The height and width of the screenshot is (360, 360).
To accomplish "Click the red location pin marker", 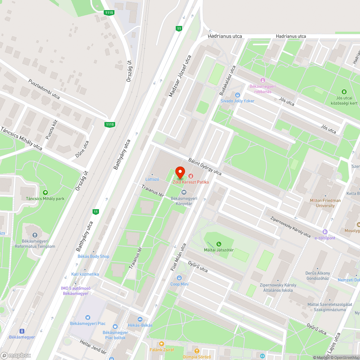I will click(180, 172).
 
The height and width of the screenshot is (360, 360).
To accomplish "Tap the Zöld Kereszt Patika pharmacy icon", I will click(190, 176).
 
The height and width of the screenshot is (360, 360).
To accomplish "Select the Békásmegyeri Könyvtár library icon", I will click(184, 192).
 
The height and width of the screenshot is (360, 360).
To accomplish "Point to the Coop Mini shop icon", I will click(179, 278).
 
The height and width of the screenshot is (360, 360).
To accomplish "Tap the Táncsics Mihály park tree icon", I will click(45, 192).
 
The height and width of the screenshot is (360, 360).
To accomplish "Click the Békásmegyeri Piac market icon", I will click(88, 317).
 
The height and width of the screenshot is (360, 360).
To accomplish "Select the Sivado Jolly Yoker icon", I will click(237, 95).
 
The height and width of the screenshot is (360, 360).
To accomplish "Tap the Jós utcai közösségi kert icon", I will click(344, 92).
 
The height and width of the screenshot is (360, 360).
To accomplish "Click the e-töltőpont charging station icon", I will click(325, 232).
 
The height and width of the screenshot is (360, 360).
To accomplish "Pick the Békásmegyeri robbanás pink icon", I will click(262, 80).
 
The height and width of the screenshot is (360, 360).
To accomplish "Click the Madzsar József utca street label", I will click(180, 76).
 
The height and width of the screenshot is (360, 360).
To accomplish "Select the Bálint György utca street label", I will click(205, 167).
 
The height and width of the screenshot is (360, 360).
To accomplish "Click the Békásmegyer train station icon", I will click(22, 331).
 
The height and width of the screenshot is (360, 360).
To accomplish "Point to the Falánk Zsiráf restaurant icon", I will click(161, 343).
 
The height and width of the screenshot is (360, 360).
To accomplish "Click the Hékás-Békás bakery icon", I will click(140, 319).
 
